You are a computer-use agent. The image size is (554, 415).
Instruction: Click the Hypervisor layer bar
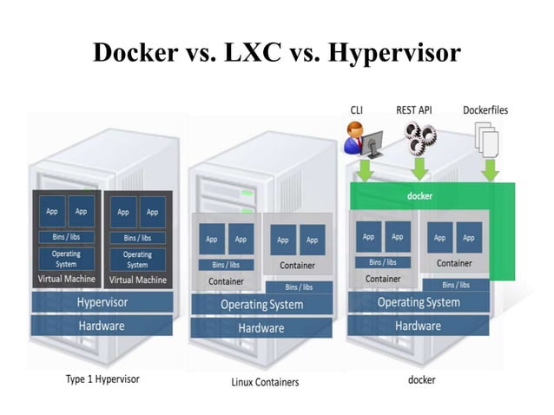(102, 302)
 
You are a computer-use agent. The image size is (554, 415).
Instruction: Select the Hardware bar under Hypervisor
(102, 326)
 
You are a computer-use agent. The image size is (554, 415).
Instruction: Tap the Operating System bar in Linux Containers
(261, 305)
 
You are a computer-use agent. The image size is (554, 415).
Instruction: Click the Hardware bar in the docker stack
(418, 326)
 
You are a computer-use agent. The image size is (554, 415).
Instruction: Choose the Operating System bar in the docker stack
(418, 303)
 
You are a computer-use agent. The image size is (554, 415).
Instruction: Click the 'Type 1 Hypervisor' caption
(102, 379)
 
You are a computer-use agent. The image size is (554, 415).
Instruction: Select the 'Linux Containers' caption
(265, 381)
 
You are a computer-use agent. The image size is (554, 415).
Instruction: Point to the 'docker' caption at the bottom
(421, 379)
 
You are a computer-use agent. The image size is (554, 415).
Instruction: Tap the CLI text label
(357, 111)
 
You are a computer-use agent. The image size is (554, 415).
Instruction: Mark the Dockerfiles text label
(485, 111)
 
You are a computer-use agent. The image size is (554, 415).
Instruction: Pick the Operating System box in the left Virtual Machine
(67, 259)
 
